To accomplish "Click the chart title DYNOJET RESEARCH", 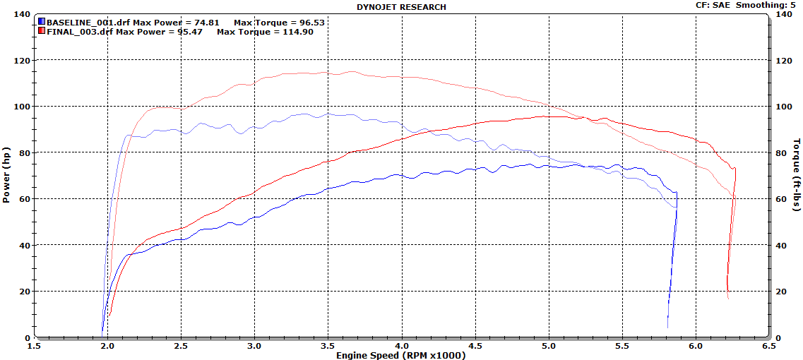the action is pos(401,7).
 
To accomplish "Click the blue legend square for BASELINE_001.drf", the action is pos(42,22).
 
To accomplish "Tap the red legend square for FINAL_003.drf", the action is pos(42,31).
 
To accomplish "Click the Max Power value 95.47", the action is pos(189,32).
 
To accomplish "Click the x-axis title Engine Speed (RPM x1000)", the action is pos(401,355).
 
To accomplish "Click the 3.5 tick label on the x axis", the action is pos(328,346).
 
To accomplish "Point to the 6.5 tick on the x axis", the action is pos(769,346).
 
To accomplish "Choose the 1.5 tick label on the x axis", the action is pos(35,346).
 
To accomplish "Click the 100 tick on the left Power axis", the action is pos(23,107).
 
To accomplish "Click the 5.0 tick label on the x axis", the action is pos(549,346).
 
